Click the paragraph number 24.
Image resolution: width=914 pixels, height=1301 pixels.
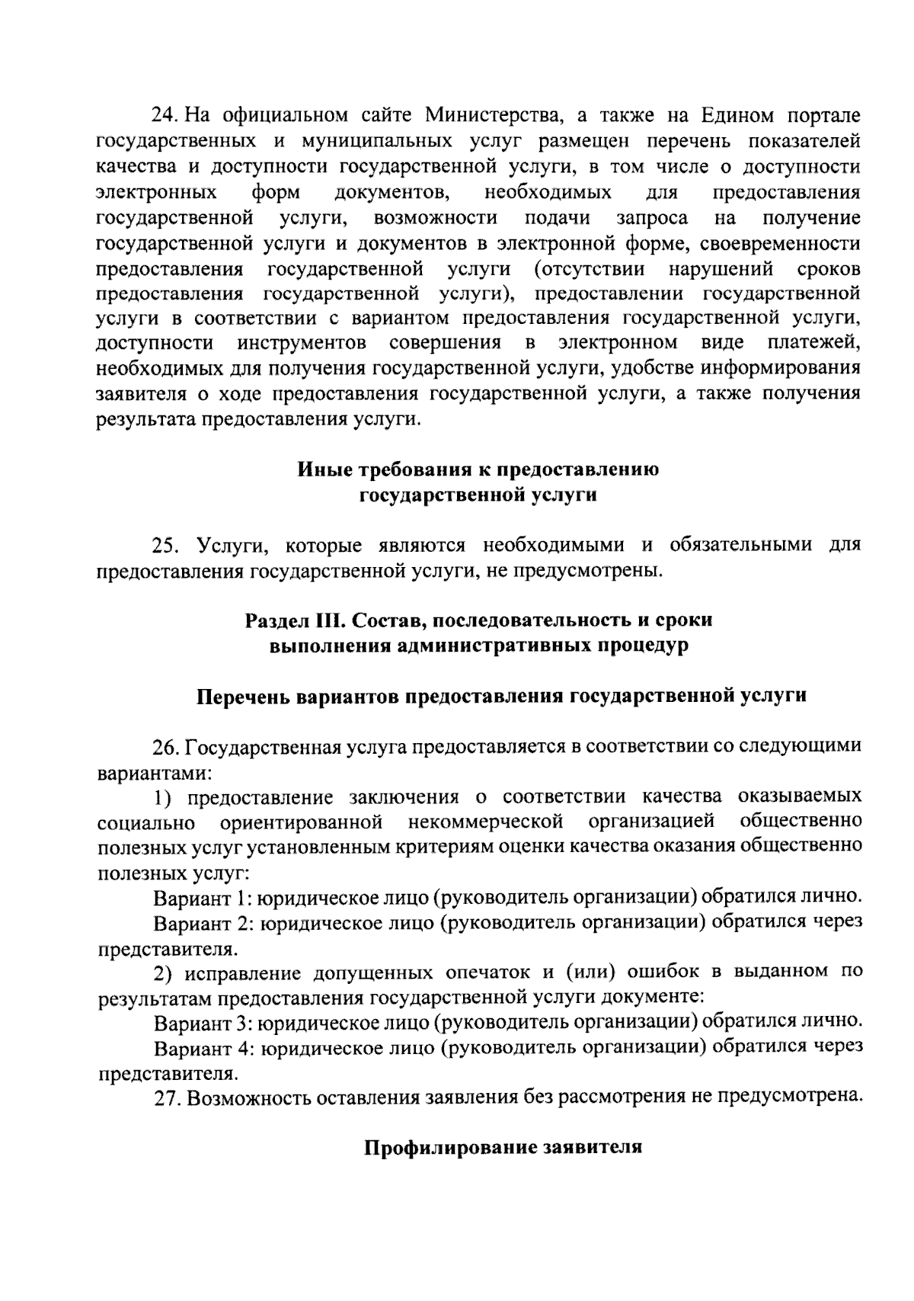[165, 116]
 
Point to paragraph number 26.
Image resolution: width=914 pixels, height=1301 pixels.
[165, 746]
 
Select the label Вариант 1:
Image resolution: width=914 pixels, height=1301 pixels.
[201, 898]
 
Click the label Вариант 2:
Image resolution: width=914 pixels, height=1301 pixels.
[203, 924]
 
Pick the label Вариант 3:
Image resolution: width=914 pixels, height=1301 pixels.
[203, 1023]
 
